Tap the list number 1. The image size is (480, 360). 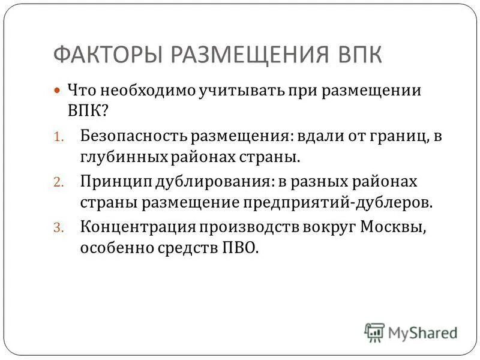coord(58,137)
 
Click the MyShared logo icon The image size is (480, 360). coord(374,332)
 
